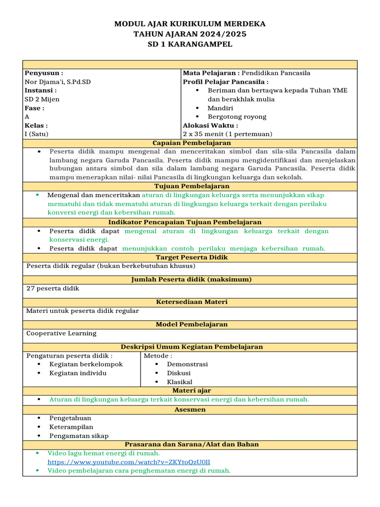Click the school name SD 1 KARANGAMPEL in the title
(x=190, y=44)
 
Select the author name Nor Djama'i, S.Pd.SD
(x=58, y=82)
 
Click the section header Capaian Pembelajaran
(x=190, y=143)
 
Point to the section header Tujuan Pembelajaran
(x=190, y=186)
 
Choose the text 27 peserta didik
(x=52, y=288)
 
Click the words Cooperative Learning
(x=61, y=333)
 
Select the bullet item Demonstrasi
(x=187, y=364)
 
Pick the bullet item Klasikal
(x=180, y=382)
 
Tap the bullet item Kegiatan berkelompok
(x=86, y=364)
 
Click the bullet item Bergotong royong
(x=237, y=117)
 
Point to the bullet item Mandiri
(x=220, y=108)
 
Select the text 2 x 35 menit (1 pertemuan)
(x=228, y=134)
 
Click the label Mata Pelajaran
(x=207, y=73)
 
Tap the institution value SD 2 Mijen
(x=42, y=99)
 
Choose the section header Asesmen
(x=190, y=410)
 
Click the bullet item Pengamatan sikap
(x=79, y=436)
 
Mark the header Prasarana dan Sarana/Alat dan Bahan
(x=190, y=445)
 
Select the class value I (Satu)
(x=37, y=134)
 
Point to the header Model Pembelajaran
(x=190, y=324)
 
